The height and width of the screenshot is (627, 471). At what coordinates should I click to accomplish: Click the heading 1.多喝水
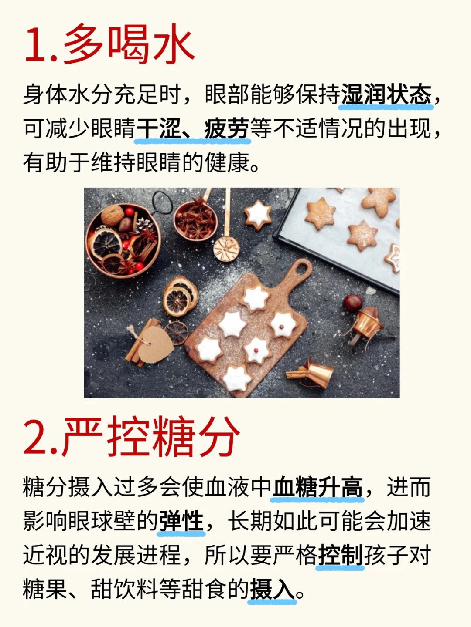(109, 44)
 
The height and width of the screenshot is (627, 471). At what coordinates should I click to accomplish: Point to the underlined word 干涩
(158, 128)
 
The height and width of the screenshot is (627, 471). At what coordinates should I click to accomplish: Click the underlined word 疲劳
(227, 128)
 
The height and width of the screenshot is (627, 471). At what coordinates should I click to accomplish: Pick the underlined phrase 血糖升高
(318, 487)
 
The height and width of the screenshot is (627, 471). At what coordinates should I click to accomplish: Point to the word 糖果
(45, 589)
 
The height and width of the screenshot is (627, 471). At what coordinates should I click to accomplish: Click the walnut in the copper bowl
(112, 215)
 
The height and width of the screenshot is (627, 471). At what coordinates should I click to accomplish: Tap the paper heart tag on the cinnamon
(156, 345)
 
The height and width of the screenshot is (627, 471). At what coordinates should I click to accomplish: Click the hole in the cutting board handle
(301, 269)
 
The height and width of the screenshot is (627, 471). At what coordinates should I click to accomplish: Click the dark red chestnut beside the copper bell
(352, 302)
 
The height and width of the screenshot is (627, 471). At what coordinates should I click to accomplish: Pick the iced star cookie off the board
(258, 215)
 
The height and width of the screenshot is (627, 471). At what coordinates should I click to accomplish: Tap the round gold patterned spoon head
(226, 249)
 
